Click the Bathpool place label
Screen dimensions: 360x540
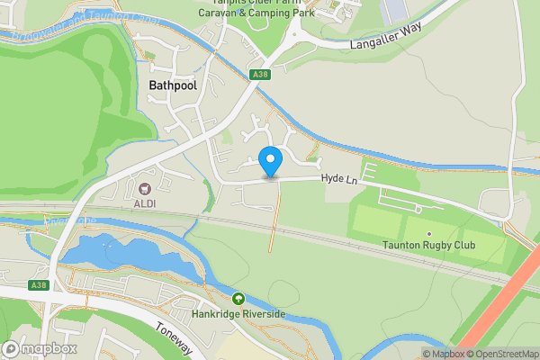pyautogui.click(x=168, y=84)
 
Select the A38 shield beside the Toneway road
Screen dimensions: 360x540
pyautogui.click(x=38, y=285)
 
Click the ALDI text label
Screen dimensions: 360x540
pyautogui.click(x=145, y=204)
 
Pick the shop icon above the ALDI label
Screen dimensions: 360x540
pyautogui.click(x=145, y=189)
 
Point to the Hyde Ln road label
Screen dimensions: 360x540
pyautogui.click(x=340, y=181)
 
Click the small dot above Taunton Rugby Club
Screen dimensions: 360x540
pyautogui.click(x=429, y=234)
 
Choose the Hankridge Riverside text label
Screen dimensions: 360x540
pyautogui.click(x=238, y=314)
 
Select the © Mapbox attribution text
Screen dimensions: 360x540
pyautogui.click(x=444, y=354)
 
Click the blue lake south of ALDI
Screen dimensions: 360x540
pyautogui.click(x=117, y=252)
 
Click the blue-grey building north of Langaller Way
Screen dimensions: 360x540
pyautogui.click(x=395, y=11)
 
